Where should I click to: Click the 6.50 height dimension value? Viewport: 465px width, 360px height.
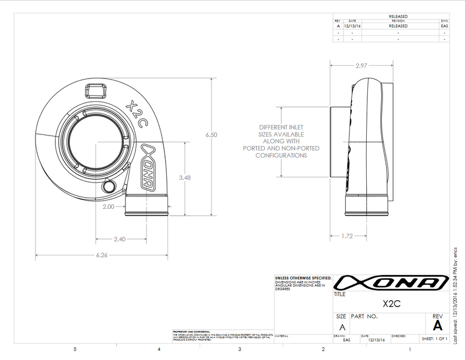click(x=211, y=134)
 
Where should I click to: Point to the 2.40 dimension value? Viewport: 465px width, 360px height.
click(x=120, y=238)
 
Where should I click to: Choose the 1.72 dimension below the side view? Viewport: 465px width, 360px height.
click(x=346, y=236)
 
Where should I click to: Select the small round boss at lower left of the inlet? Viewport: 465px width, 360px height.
click(x=109, y=186)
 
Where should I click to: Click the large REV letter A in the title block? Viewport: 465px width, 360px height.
click(x=438, y=326)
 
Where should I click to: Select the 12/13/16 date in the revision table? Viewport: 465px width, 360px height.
click(x=352, y=26)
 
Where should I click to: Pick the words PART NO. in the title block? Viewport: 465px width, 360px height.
click(x=365, y=316)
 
